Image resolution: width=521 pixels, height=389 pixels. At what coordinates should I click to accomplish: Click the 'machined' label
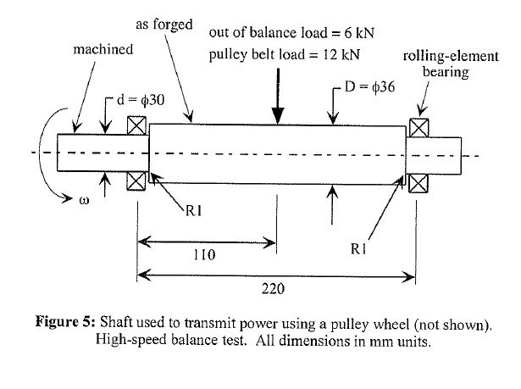(102, 49)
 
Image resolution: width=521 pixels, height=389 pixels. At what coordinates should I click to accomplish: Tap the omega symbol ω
(83, 201)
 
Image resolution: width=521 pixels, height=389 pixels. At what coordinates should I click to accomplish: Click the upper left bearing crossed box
(136, 125)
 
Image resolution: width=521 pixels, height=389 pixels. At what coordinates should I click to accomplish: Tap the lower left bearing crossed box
(136, 181)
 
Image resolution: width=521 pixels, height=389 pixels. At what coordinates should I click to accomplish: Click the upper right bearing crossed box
(418, 126)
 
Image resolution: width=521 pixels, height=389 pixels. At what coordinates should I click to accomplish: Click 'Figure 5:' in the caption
(64, 323)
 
